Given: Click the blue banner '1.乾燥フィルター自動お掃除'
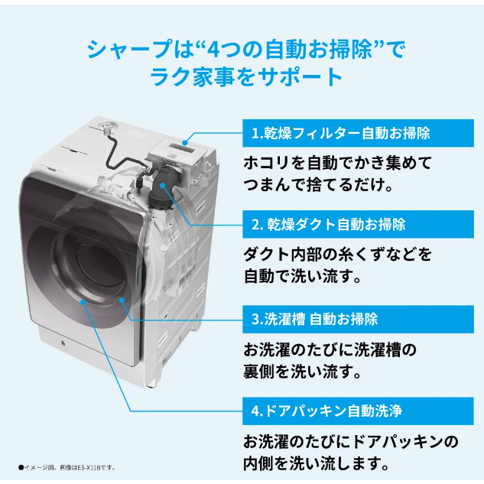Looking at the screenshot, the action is [x=358, y=133].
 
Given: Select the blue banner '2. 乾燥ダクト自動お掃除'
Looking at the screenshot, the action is [x=358, y=224].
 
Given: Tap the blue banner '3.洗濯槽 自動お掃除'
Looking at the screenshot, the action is [x=358, y=319].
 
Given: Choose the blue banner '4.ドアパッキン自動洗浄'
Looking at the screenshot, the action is [x=358, y=411].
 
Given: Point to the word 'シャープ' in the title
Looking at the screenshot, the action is [x=129, y=50].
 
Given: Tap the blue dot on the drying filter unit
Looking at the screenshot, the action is [x=185, y=143].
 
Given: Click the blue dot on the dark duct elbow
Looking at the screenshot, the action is [x=163, y=185].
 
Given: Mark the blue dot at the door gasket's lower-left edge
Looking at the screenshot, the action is [x=83, y=301].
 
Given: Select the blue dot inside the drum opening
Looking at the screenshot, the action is [x=122, y=300].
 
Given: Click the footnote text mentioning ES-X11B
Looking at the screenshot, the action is [x=67, y=468].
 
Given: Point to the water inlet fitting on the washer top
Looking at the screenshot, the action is [x=106, y=127].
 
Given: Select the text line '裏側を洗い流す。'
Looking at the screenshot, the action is [x=303, y=372].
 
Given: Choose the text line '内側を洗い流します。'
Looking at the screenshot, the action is [x=316, y=463].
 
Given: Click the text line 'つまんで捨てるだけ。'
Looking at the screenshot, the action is [x=318, y=185].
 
